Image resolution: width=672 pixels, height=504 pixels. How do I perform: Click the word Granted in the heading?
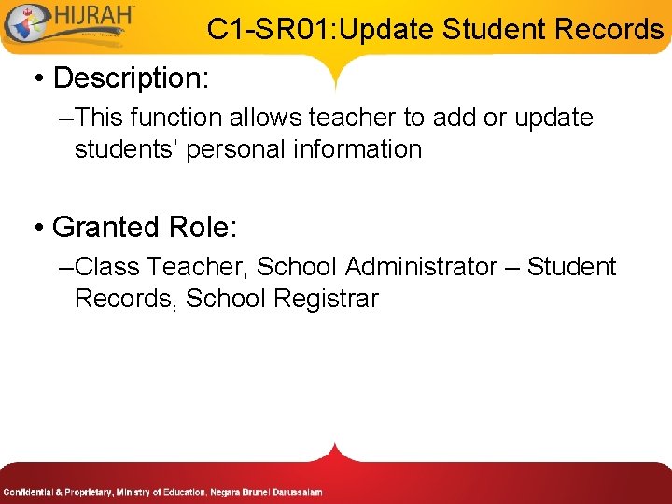click(106, 227)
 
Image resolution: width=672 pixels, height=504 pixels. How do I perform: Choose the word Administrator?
click(421, 268)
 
